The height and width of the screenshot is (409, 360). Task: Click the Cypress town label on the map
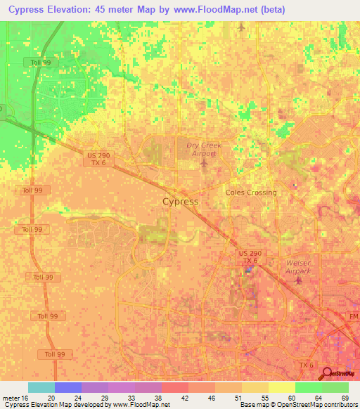pyautogui.click(x=180, y=202)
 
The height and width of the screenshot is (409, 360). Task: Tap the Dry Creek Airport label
pyautogui.click(x=204, y=149)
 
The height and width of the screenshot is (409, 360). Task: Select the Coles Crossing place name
pyautogui.click(x=251, y=193)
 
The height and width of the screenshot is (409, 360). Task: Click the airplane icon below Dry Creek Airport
pyautogui.click(x=205, y=164)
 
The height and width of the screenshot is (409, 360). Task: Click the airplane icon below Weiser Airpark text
pyautogui.click(x=298, y=281)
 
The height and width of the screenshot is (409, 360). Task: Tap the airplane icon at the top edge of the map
pyautogui.click(x=241, y=27)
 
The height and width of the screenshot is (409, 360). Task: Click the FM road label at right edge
pyautogui.click(x=353, y=316)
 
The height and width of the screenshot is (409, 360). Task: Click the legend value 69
pyautogui.click(x=345, y=397)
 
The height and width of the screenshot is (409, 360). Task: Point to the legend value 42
pyautogui.click(x=184, y=397)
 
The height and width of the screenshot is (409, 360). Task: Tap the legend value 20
pyautogui.click(x=51, y=397)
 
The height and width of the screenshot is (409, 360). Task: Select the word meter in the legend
pyautogui.click(x=11, y=397)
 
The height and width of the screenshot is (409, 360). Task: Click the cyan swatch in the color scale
pyautogui.click(x=41, y=387)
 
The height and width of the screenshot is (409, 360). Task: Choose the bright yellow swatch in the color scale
pyautogui.click(x=282, y=387)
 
